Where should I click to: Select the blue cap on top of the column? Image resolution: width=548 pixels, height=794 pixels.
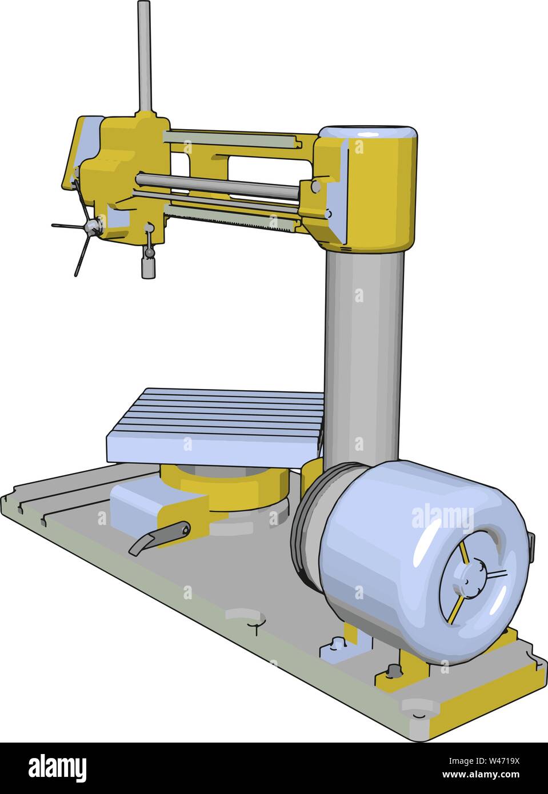click(x=367, y=134)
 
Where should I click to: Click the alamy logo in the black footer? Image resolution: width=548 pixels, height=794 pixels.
click(x=58, y=768)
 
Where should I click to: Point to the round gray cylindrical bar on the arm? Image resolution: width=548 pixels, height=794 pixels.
click(x=217, y=185)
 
